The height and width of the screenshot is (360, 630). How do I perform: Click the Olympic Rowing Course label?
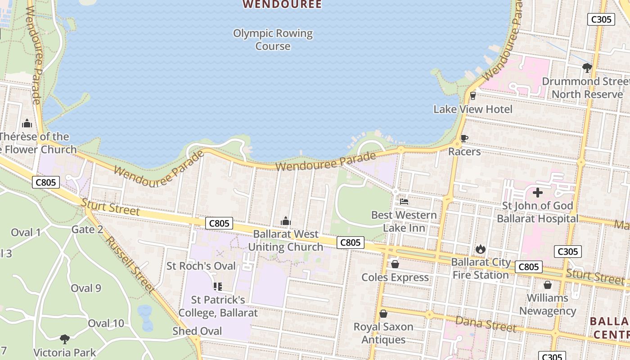click(273, 40)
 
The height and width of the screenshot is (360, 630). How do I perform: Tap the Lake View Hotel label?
click(472, 109)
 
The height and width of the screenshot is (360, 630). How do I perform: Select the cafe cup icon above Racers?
click(464, 138)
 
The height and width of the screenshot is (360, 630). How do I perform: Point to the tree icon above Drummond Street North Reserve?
click(587, 68)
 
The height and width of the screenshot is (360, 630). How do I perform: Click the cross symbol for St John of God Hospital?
click(538, 193)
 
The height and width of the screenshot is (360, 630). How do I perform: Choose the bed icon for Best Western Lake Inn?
click(404, 202)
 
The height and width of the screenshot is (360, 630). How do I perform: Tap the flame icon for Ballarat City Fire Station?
click(481, 249)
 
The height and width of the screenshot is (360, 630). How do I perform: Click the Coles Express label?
click(395, 277)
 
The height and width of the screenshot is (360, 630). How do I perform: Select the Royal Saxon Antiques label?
click(383, 333)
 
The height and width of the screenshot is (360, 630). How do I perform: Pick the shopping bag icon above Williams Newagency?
click(548, 285)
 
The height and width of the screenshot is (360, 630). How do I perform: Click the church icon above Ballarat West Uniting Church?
click(285, 221)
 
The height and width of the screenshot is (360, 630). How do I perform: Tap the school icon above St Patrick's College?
click(218, 287)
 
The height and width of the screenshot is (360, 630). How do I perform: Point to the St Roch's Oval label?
click(201, 266)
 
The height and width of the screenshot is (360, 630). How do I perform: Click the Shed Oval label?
click(197, 331)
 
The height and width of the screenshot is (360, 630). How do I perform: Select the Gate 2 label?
click(87, 229)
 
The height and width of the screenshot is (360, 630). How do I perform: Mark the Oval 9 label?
click(86, 288)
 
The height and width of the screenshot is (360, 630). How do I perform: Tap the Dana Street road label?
click(486, 324)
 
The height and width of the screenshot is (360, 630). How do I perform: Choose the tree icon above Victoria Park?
click(65, 339)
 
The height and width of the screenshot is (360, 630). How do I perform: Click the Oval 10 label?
click(106, 323)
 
